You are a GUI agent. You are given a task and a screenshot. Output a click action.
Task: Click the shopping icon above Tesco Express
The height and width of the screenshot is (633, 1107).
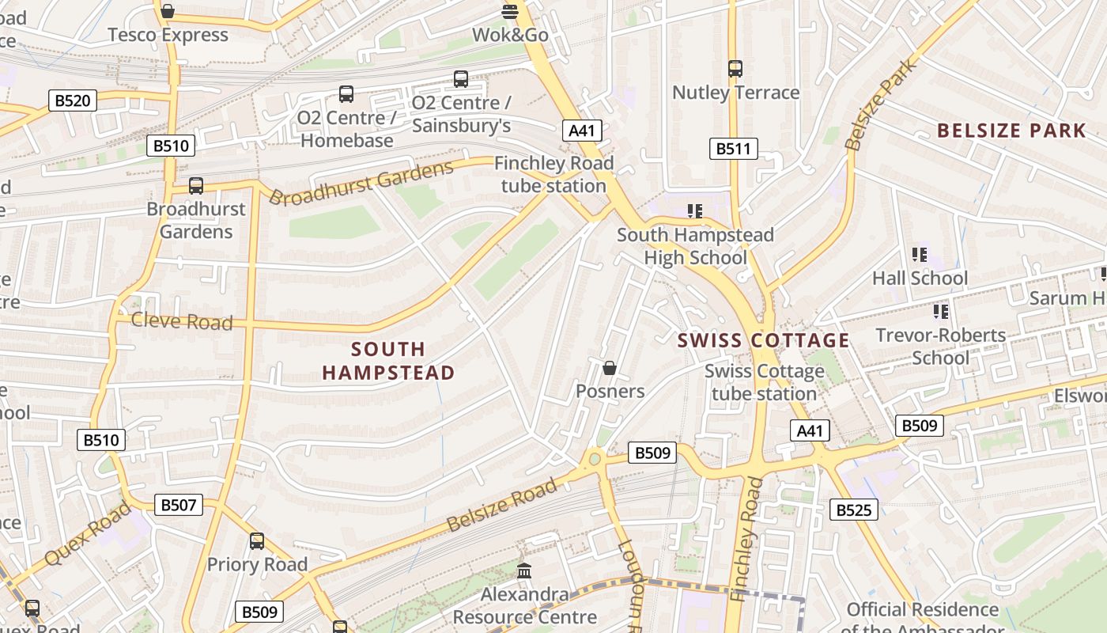[167, 11]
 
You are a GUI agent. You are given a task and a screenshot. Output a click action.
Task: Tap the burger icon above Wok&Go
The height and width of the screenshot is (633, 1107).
[510, 11]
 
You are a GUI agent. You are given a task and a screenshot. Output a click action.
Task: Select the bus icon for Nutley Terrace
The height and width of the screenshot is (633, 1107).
[735, 69]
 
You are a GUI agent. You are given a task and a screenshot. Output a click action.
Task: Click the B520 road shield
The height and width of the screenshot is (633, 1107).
[73, 100]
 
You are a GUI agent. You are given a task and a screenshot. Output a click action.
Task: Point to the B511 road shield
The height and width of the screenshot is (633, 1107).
[733, 149]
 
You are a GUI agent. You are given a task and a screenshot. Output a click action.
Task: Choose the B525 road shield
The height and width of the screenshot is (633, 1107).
[854, 510]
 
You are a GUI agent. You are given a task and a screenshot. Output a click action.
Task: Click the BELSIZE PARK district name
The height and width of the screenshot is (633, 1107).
[1011, 131]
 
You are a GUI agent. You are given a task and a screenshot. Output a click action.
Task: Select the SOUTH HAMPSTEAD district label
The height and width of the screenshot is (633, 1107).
[388, 361]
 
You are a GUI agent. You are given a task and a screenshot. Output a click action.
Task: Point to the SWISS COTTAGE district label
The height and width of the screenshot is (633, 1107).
[763, 341]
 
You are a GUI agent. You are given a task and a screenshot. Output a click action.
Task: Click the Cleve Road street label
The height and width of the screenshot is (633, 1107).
[182, 321]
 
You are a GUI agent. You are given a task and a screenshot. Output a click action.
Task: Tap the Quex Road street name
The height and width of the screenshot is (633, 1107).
[87, 534]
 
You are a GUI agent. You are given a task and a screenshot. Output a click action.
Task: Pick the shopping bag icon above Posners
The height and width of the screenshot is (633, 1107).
[610, 368]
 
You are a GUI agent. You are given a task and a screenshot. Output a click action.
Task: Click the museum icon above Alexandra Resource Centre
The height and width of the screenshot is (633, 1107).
[524, 570]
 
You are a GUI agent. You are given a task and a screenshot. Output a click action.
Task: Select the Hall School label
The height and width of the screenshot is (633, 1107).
[920, 279]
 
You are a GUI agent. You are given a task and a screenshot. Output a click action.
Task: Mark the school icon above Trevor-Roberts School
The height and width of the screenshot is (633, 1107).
[940, 312]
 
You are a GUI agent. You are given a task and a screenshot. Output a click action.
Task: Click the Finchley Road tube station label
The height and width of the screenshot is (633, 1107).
[553, 175]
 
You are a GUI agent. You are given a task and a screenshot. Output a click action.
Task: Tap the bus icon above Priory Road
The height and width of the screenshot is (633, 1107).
[257, 541]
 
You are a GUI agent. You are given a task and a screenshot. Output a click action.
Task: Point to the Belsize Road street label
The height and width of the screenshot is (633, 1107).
[501, 506]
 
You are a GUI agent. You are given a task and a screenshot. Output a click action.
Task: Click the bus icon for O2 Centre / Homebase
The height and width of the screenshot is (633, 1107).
[346, 94]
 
